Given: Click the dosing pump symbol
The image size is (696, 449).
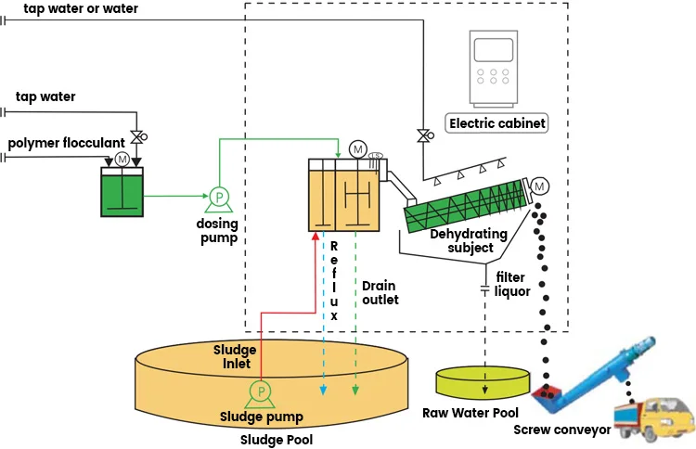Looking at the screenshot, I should click(x=219, y=196).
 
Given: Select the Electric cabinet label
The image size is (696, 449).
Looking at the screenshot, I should click(x=497, y=122).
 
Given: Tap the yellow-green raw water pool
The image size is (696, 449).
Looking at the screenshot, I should click(x=483, y=381).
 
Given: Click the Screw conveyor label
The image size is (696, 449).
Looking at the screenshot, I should click(x=562, y=430).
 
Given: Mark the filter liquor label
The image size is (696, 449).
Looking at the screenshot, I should click(x=513, y=284).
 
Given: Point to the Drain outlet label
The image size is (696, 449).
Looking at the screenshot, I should click(x=380, y=292).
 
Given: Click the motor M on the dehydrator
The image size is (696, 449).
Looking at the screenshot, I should click(x=540, y=186).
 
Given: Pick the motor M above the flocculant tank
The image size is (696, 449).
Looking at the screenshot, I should click(x=122, y=160).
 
